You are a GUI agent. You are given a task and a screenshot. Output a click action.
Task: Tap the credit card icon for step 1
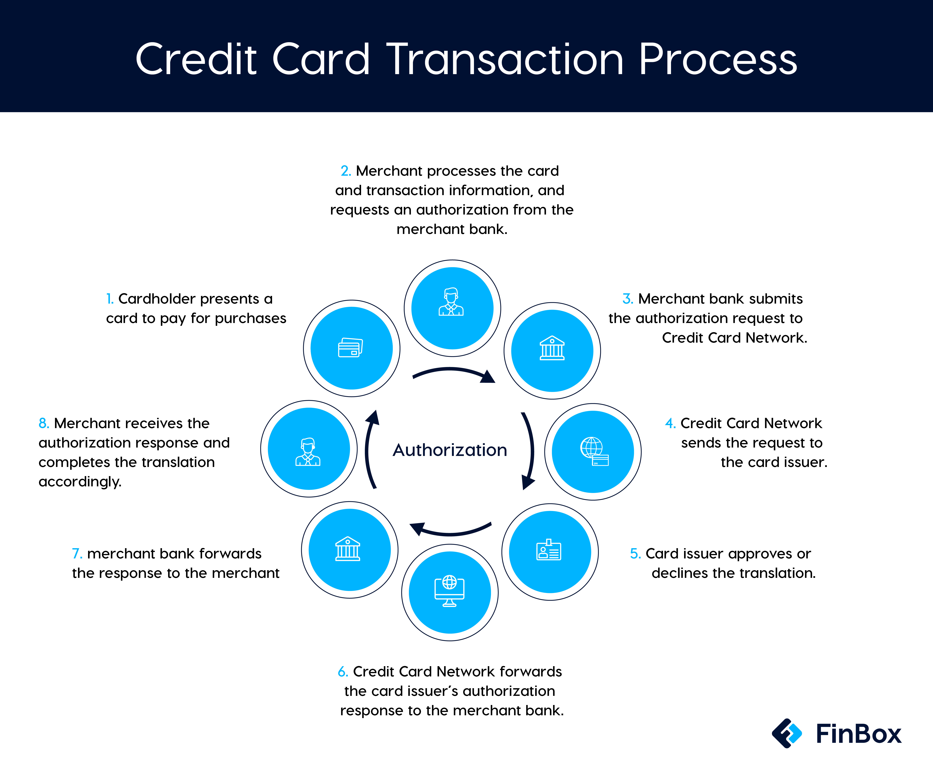(x=351, y=348)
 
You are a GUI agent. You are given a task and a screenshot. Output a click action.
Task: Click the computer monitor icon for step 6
(x=449, y=591)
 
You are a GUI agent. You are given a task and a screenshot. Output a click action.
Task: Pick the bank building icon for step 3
(x=552, y=348)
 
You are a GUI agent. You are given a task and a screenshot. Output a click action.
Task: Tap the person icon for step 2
(x=451, y=302)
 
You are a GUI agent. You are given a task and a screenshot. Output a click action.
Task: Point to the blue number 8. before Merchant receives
(x=43, y=423)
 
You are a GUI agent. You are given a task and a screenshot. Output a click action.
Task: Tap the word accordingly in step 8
(x=80, y=482)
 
